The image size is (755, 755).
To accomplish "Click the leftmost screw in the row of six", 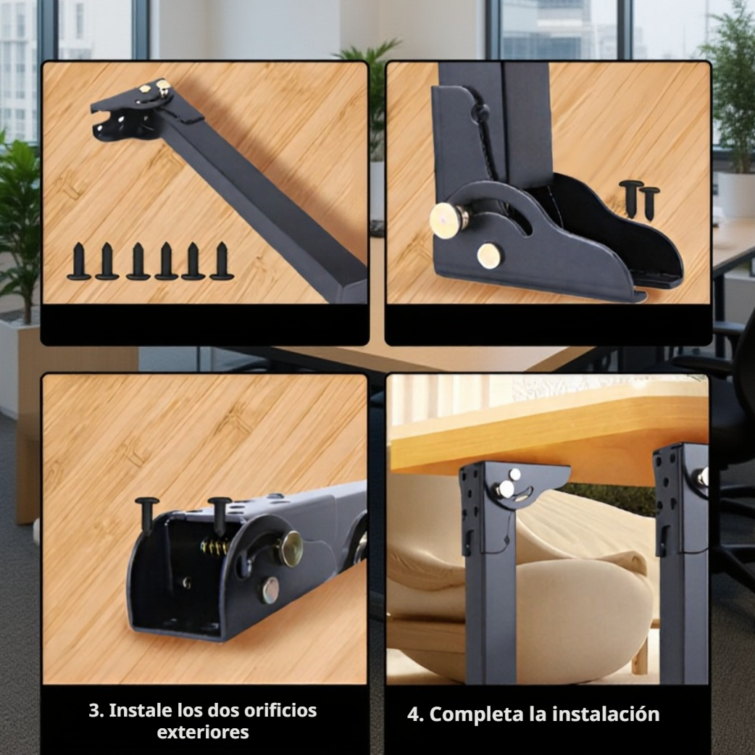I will coord(79,262).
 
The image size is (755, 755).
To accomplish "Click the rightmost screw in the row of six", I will coord(222,262).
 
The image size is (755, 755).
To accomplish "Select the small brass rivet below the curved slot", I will coord(489,255).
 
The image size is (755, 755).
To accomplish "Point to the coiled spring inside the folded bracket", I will coord(214,546).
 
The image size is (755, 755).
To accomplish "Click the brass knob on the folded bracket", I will coord(291,548).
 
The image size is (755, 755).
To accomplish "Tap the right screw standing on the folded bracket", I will coord(220,513).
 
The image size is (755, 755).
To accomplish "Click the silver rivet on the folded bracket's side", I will coord(270,591).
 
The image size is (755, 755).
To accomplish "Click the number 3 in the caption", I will coord(94,711).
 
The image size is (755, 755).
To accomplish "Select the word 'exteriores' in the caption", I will coord(203,733).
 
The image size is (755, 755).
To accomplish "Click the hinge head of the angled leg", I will coord(138,109).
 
